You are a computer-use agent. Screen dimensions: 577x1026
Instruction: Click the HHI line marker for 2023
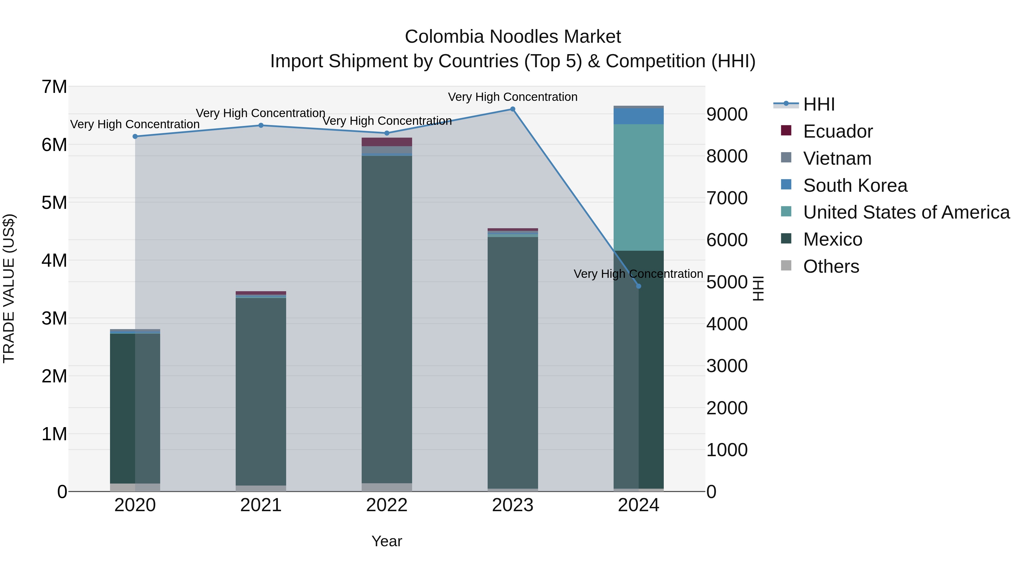click(513, 109)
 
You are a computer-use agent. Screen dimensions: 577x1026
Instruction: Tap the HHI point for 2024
click(638, 286)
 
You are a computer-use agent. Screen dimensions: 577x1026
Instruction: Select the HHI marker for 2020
click(135, 136)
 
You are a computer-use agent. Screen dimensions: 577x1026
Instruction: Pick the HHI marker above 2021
click(261, 125)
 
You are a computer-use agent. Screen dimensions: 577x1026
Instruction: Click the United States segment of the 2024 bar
click(638, 187)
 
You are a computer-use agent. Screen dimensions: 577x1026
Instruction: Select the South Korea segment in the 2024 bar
click(638, 116)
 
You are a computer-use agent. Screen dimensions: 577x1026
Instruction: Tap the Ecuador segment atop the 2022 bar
click(387, 142)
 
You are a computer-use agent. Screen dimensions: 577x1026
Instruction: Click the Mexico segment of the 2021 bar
click(261, 390)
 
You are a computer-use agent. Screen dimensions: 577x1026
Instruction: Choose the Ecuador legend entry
click(838, 131)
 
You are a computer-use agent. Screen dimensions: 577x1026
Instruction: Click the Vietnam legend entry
click(837, 158)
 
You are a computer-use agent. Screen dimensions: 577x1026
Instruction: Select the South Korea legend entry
click(855, 185)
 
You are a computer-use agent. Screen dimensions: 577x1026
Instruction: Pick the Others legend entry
click(831, 266)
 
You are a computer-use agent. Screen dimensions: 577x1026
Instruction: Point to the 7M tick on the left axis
click(54, 87)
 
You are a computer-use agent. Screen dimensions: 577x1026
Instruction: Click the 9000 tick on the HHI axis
click(727, 114)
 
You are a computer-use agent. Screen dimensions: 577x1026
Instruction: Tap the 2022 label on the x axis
click(387, 505)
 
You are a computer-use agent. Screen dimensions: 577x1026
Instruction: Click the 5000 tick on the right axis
click(727, 282)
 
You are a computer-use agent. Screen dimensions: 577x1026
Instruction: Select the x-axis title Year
click(387, 541)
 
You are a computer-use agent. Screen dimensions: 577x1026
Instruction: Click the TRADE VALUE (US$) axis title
click(9, 288)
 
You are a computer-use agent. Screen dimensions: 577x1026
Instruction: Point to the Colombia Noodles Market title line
click(513, 37)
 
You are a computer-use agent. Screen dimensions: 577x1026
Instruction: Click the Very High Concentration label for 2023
click(513, 97)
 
